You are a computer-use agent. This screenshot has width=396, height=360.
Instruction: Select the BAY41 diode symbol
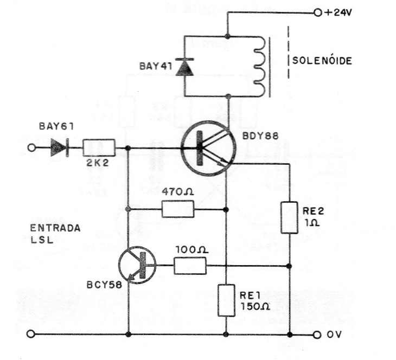tap(186, 66)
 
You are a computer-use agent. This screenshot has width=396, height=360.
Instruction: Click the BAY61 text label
tap(56, 127)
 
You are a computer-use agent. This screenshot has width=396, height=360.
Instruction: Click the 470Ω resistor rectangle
tap(177, 209)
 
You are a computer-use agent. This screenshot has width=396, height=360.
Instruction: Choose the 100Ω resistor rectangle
tap(190, 266)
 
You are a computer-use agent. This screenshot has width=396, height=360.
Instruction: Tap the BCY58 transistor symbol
tap(136, 266)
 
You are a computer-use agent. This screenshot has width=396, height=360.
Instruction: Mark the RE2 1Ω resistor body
tap(290, 217)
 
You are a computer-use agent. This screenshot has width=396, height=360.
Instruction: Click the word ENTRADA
tap(56, 228)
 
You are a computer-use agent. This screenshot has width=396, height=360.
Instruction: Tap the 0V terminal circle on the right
tap(317, 334)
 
